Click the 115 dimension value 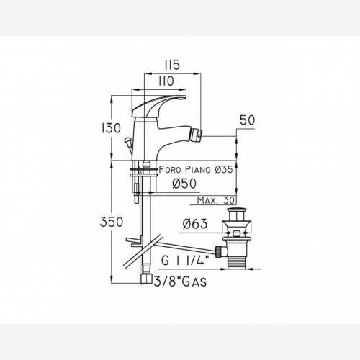coord(172,65)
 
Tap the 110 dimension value coord(166,81)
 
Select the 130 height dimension coord(111,128)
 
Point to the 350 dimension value coord(112,222)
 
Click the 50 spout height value coord(247,120)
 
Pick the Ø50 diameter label coord(184,184)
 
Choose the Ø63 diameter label coord(195,224)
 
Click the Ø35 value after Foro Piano coord(224,170)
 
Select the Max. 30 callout coord(215,200)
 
